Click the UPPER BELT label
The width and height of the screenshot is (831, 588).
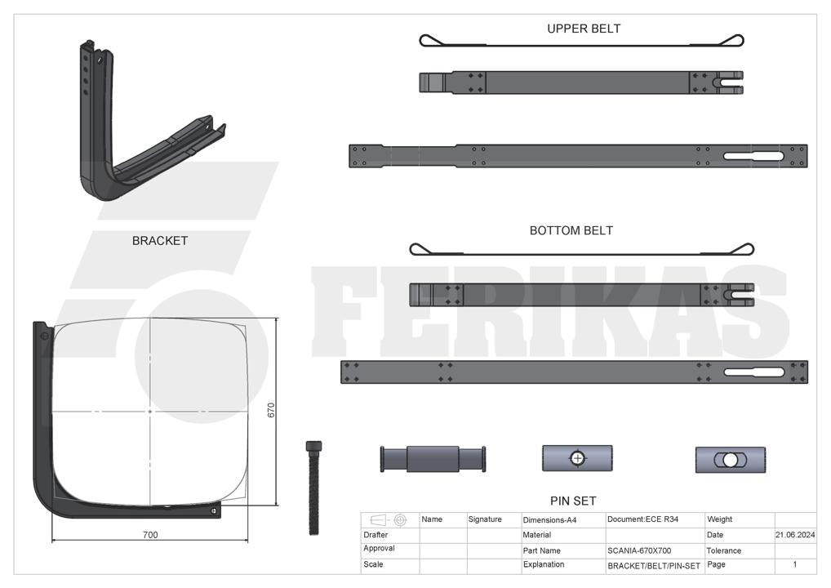584,29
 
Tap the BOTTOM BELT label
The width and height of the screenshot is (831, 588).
571,230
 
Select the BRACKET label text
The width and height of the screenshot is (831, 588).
159,241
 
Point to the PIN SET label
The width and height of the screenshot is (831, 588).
573,501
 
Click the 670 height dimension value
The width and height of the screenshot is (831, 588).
271,411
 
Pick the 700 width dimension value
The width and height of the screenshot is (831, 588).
150,534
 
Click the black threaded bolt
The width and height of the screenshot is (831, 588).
313,488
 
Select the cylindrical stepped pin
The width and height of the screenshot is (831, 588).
433,459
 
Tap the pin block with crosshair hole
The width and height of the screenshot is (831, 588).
577,458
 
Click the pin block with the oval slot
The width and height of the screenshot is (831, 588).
731,460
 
